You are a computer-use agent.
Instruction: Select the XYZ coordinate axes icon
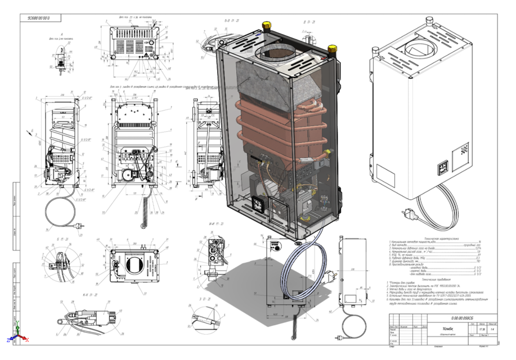click(16, 338)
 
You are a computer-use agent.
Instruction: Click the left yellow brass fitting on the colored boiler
click(264, 26)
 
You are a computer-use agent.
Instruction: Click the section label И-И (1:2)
click(216, 224)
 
